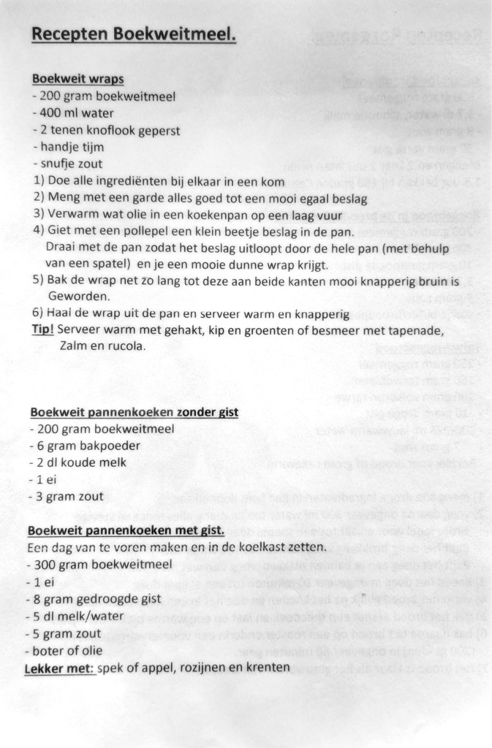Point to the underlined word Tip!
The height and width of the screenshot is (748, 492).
[x=43, y=330]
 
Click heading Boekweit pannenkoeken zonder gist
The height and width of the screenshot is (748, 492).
[x=135, y=412]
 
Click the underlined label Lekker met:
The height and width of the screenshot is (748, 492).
[x=61, y=667]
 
